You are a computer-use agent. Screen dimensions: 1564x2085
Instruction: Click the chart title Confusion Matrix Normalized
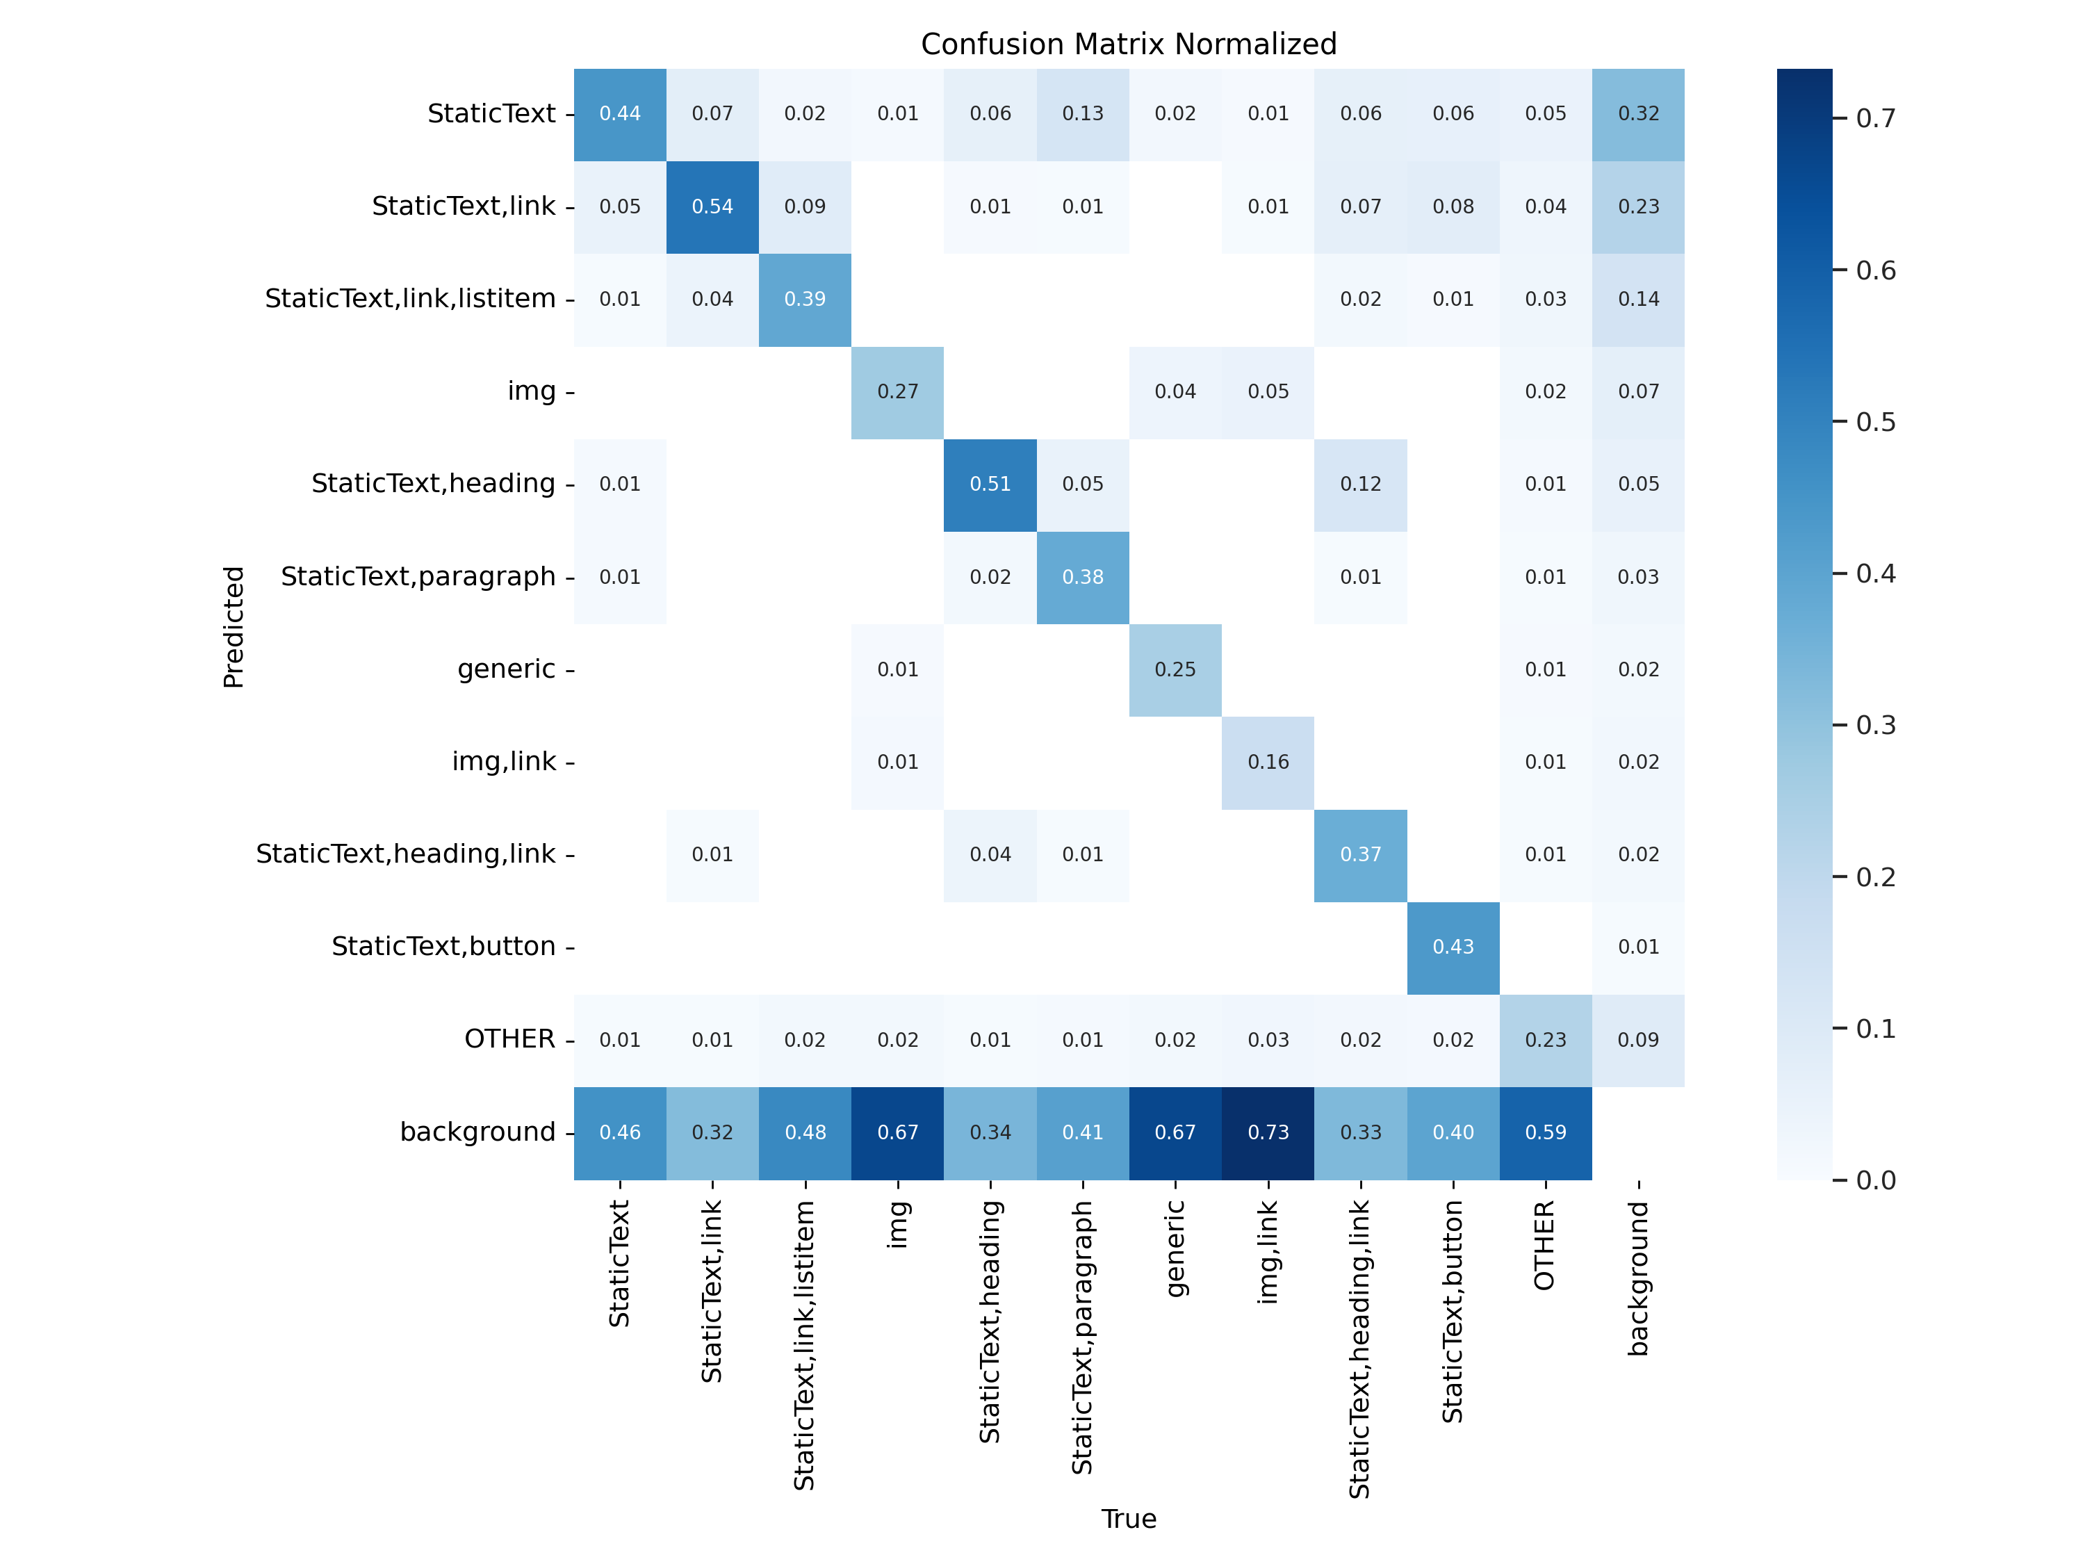[1128, 44]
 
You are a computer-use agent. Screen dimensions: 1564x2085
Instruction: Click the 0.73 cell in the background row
[1268, 1132]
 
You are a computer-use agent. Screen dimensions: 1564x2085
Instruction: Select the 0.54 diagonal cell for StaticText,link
[712, 206]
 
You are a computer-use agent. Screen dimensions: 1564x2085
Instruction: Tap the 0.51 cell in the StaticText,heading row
[990, 484]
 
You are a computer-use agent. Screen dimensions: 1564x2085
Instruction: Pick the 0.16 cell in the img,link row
[1268, 762]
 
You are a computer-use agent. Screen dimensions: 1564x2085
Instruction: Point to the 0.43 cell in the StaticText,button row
[1453, 947]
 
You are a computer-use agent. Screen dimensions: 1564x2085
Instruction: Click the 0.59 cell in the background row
[1545, 1132]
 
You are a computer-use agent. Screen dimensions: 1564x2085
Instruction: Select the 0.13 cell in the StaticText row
[1082, 114]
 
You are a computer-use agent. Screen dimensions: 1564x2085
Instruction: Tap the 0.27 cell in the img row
[897, 391]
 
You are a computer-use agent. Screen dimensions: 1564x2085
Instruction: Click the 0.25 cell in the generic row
[1175, 669]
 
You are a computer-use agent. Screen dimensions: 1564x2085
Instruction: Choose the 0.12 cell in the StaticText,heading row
[1360, 484]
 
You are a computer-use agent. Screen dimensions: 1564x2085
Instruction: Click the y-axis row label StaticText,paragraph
[418, 576]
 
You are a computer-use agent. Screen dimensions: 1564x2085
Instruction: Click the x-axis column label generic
[1175, 1248]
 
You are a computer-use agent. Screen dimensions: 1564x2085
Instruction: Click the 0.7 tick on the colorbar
[1875, 119]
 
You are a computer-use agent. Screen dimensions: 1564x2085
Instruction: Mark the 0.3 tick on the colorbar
[1875, 725]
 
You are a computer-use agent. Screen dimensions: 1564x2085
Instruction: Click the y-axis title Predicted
[233, 627]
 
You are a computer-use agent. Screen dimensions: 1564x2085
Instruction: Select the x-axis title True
[1128, 1519]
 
